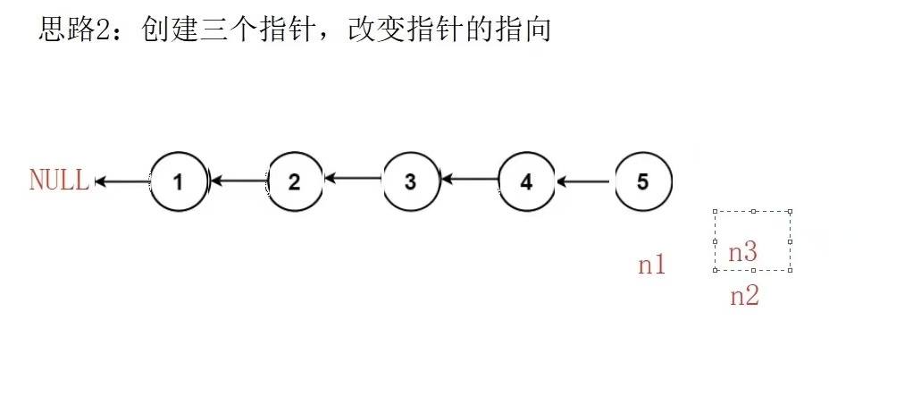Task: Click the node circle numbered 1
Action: coord(178,182)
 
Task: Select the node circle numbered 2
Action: coord(295,182)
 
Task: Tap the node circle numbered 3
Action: coord(410,182)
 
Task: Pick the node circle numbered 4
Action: coord(526,182)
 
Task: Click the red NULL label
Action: coord(59,181)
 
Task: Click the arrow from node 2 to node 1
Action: coord(239,181)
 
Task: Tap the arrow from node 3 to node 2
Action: coord(354,180)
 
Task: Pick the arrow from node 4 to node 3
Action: coord(470,180)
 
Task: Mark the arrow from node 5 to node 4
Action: coord(584,181)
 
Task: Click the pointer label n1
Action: coord(651,265)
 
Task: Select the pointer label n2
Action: coord(744,297)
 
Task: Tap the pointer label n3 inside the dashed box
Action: coord(743,253)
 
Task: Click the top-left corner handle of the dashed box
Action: coord(716,212)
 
